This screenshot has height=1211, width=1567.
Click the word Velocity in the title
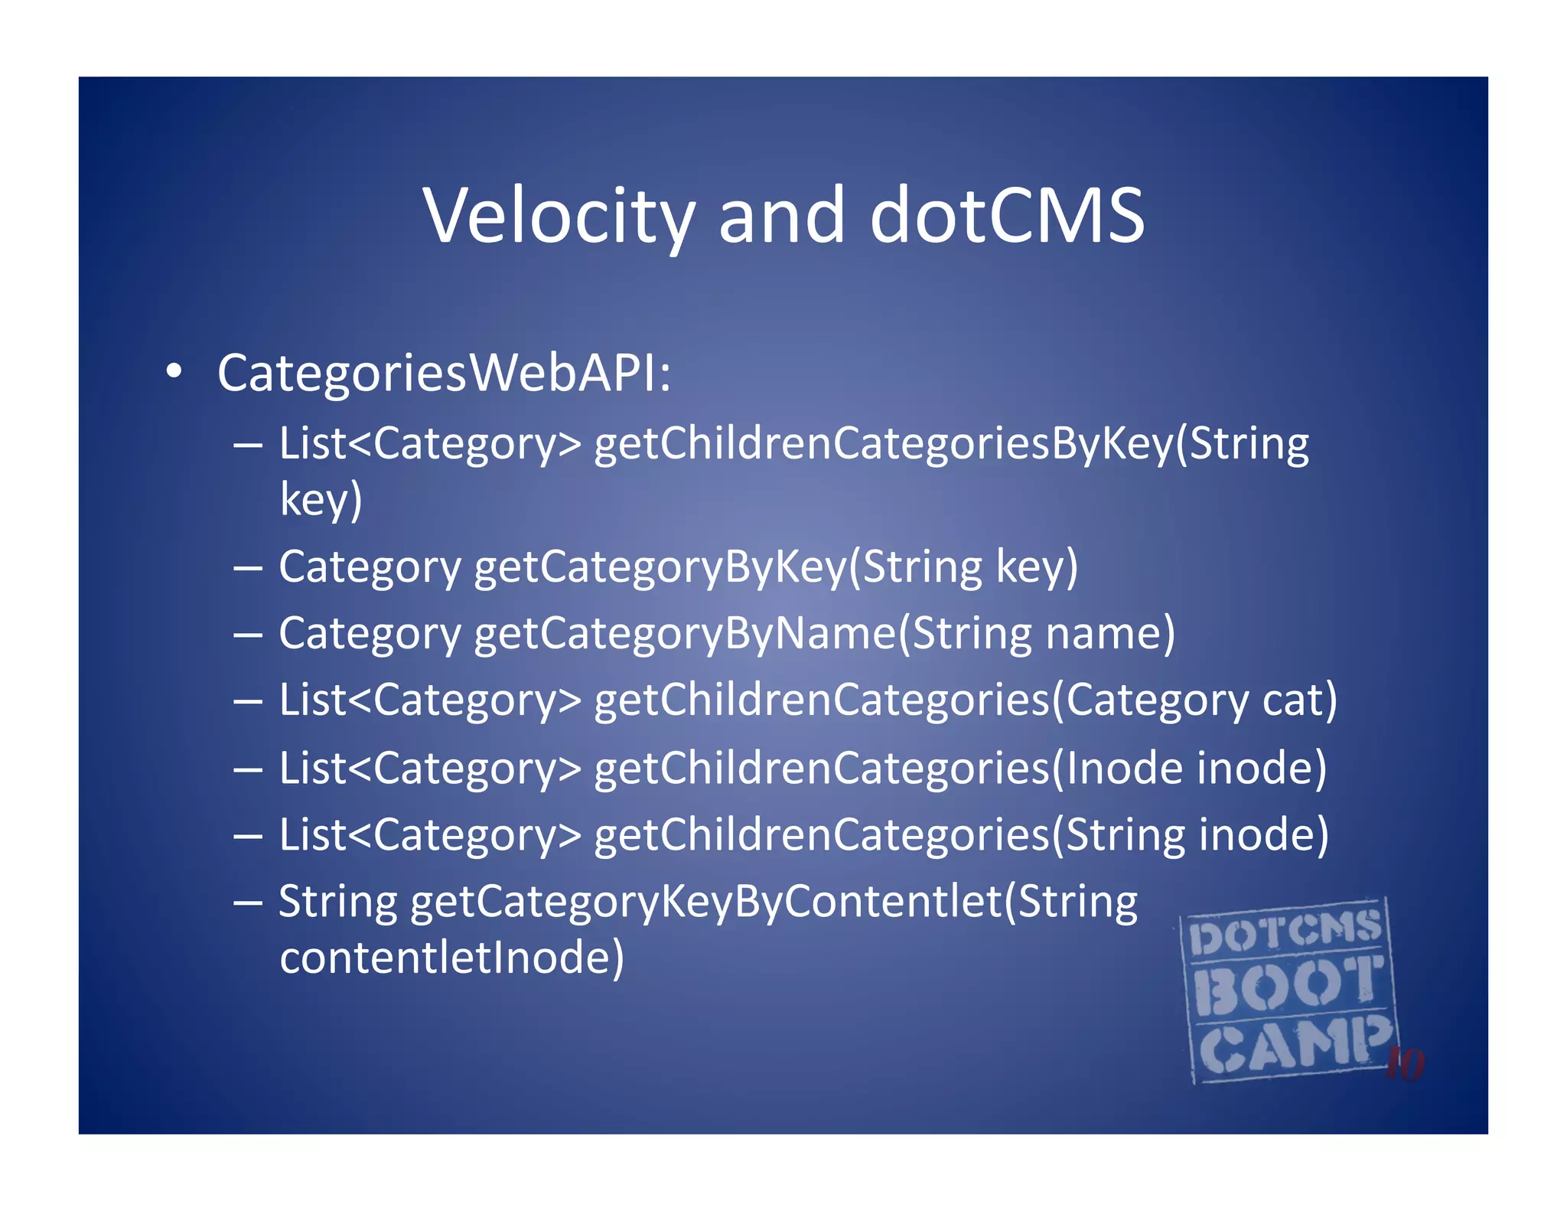[559, 216]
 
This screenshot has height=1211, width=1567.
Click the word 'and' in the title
[781, 216]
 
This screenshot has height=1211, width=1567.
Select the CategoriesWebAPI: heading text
[444, 374]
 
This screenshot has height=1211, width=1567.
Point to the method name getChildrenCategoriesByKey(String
[951, 444]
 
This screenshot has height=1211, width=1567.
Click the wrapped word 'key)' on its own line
[321, 500]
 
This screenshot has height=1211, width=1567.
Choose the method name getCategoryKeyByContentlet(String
[774, 902]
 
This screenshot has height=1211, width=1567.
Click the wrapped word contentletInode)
[451, 958]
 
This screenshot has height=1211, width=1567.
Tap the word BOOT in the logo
[1288, 985]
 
